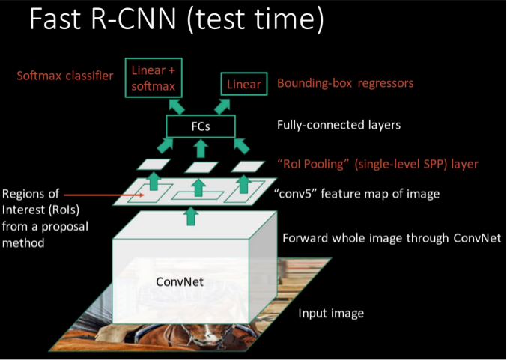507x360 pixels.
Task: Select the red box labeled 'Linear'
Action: tap(244, 84)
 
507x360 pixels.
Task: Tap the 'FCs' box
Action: tap(200, 126)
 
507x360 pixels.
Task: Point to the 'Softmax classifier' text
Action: tap(64, 76)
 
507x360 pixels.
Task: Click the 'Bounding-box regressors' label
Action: tap(345, 83)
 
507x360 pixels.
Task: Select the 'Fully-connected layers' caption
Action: tap(338, 125)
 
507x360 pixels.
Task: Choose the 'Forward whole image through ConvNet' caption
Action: tap(391, 239)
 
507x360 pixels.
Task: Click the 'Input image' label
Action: tap(331, 313)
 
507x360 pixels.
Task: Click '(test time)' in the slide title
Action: tap(261, 20)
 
